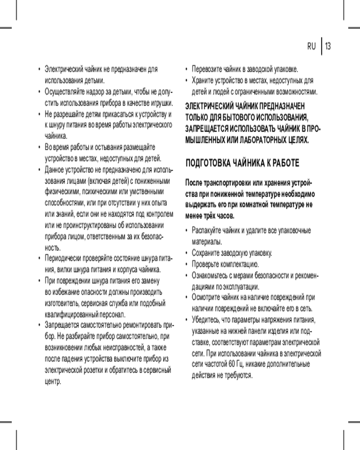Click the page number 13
328,46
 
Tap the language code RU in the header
311,46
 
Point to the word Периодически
62,259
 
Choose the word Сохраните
207,253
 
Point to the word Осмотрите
207,297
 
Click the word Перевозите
208,70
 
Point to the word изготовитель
62,303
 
